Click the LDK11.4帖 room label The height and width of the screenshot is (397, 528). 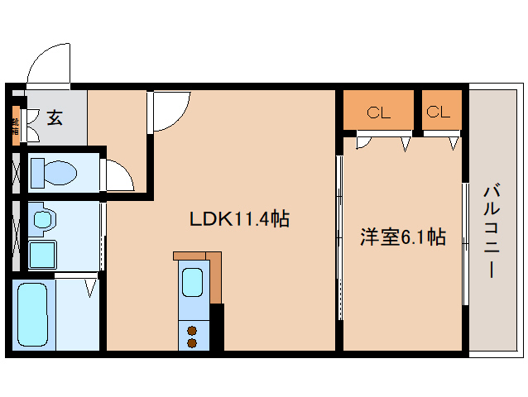(239, 219)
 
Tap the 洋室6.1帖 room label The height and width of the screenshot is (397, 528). (403, 237)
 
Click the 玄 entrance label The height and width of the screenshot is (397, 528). (54, 118)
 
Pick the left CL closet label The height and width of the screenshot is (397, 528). (378, 113)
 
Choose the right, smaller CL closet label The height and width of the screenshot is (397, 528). (438, 112)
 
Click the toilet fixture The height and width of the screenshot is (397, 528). (53, 173)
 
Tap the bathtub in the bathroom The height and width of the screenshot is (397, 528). (32, 313)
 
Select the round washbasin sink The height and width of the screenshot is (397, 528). (43, 221)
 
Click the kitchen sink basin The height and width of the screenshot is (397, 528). (193, 283)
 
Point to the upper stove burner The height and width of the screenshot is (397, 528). (192, 330)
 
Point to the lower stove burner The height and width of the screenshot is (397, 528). (192, 342)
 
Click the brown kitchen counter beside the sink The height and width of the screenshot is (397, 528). (215, 277)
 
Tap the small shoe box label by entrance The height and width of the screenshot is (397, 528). (15, 126)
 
